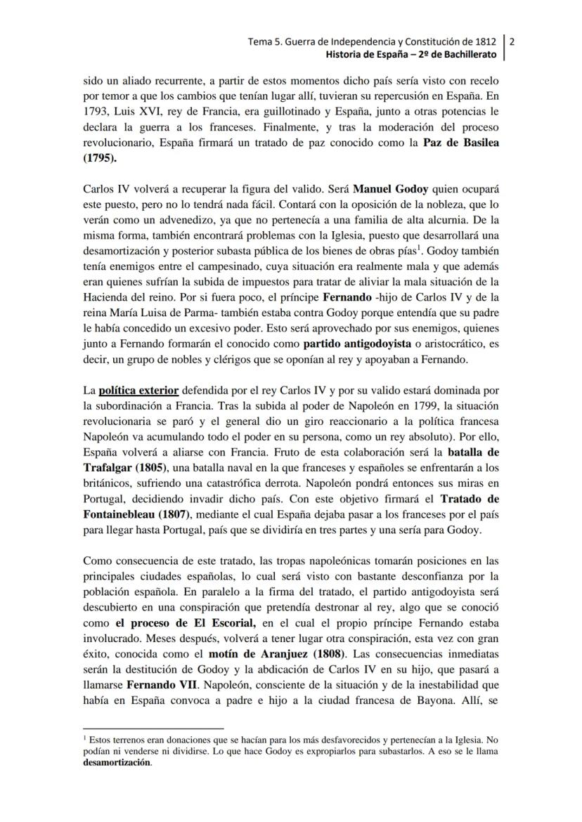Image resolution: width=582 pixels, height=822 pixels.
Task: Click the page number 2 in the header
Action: pyautogui.click(x=512, y=41)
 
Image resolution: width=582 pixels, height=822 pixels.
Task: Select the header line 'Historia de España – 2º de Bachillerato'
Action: pyautogui.click(x=411, y=55)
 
